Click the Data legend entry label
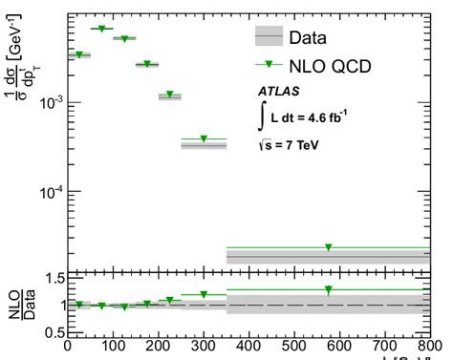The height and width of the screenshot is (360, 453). pos(308,38)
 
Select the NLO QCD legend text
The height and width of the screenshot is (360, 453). pos(330,65)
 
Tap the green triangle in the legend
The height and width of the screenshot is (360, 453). pos(269,65)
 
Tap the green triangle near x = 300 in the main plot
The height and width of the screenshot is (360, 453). pos(203,139)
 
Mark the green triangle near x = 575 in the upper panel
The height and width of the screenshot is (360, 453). pos(328,247)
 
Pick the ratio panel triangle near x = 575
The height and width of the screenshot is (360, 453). pos(328,289)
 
